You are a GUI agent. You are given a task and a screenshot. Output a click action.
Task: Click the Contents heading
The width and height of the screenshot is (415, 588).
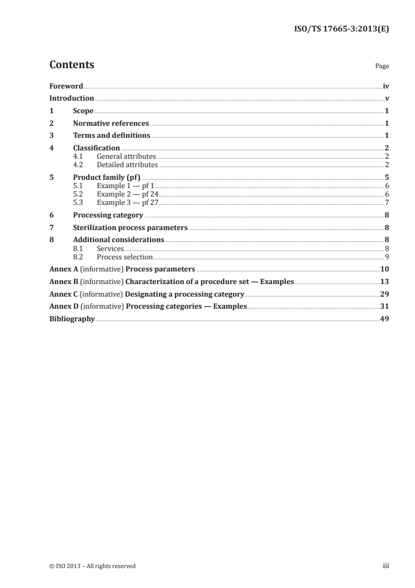72,65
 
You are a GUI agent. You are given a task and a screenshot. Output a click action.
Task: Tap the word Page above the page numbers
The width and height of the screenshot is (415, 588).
382,67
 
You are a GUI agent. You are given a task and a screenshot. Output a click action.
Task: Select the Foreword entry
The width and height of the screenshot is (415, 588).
66,86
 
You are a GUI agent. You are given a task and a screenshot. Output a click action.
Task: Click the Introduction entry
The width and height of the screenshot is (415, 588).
72,99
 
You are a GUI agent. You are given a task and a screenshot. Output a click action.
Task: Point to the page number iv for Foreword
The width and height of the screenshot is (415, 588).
385,86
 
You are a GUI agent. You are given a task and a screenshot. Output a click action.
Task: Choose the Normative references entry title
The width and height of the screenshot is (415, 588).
111,124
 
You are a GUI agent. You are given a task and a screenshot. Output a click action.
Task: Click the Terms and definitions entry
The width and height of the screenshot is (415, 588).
111,136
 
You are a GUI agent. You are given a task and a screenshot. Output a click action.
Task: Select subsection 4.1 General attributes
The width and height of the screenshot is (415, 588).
126,156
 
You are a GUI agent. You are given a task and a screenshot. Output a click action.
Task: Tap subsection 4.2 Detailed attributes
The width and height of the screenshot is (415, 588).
127,165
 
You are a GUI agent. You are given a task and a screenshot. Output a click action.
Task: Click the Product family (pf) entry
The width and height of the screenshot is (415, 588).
107,177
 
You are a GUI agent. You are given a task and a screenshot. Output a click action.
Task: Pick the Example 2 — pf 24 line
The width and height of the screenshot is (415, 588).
124,194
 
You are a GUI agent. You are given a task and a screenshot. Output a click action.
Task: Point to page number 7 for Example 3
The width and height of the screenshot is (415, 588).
386,202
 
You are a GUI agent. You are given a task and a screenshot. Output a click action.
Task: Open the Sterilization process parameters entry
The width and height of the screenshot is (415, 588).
130,228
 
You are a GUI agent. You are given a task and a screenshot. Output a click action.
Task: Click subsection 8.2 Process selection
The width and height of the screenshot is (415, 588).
125,257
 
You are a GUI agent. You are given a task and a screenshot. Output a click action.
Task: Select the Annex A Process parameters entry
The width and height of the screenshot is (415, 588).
122,269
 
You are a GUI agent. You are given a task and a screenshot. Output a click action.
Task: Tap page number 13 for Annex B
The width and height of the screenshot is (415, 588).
384,281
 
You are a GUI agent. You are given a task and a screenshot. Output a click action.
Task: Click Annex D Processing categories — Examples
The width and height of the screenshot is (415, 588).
148,306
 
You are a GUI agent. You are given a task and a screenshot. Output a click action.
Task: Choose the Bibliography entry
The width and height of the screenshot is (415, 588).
72,319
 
